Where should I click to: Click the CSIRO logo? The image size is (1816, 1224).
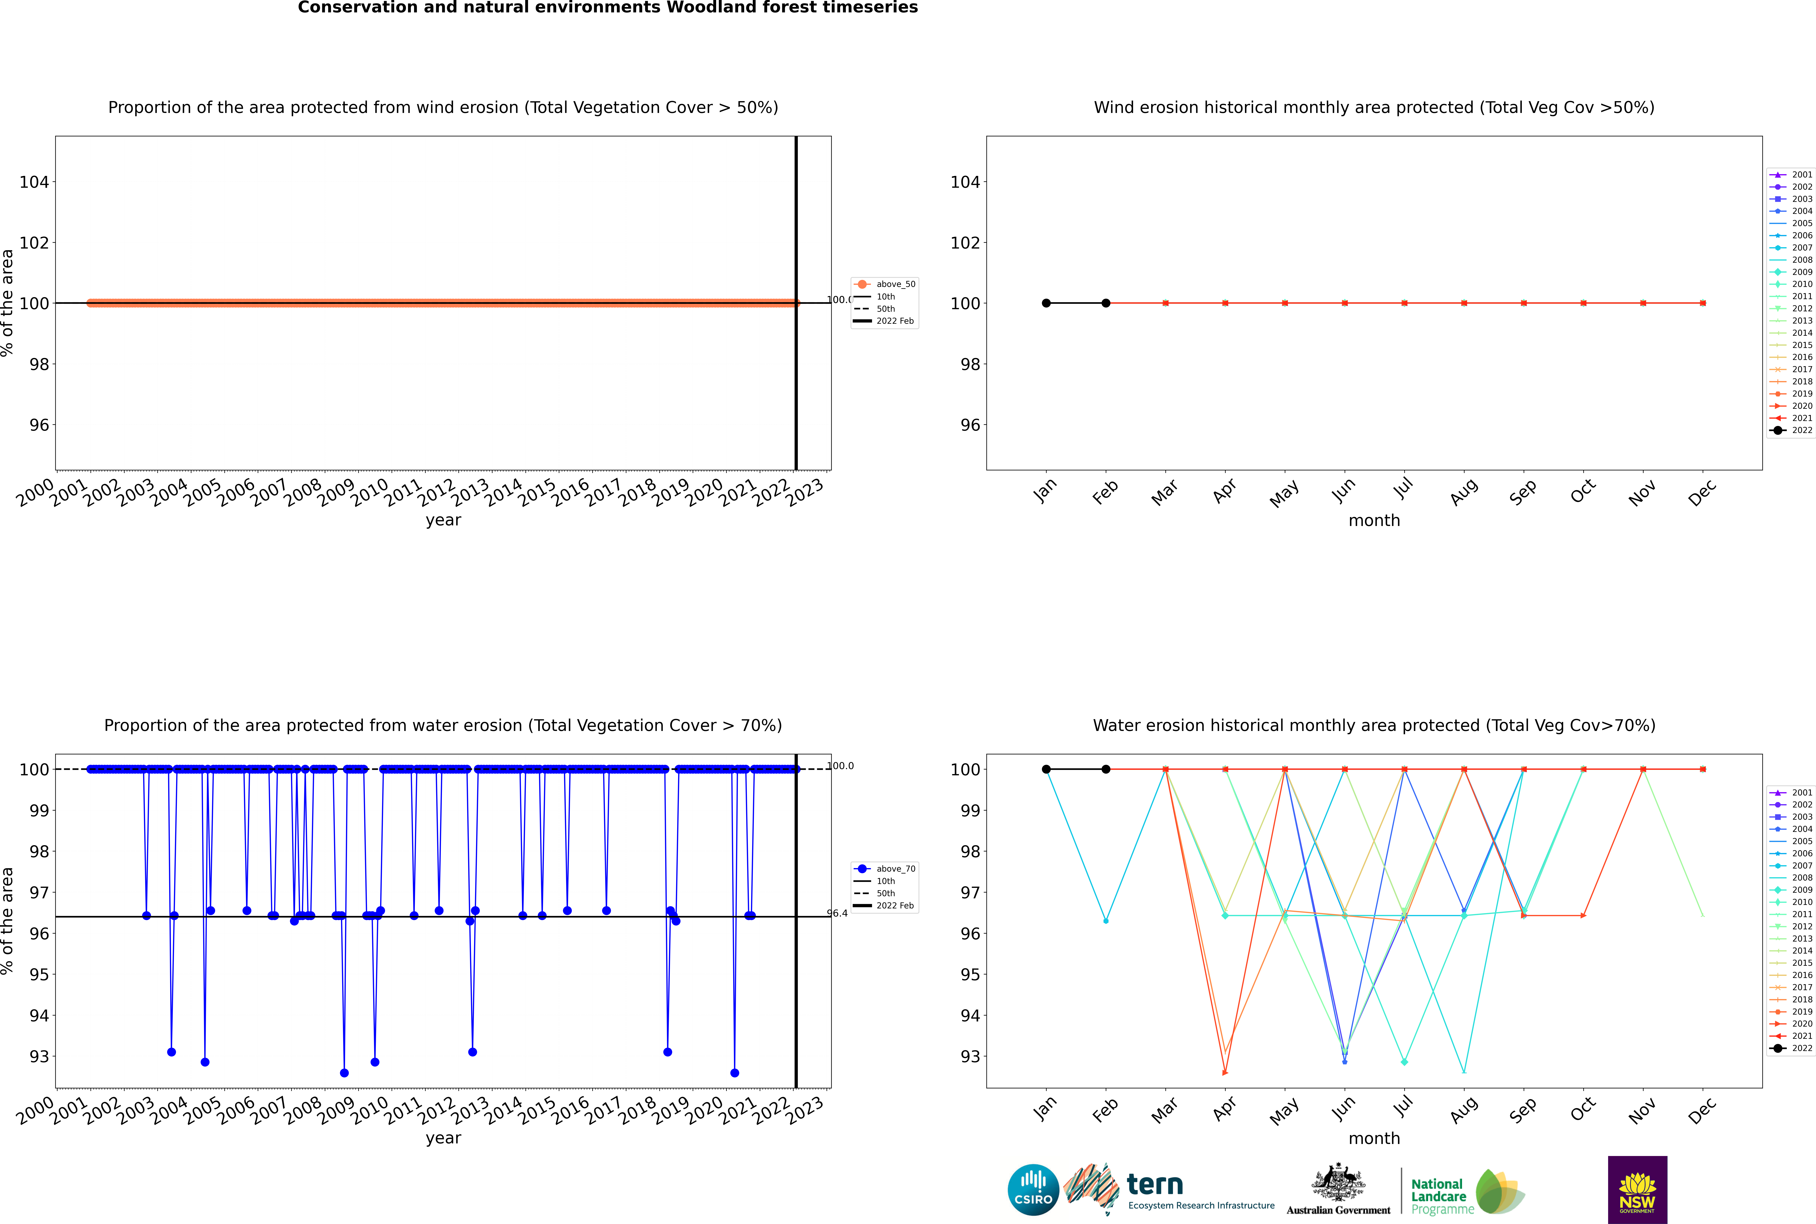click(1033, 1190)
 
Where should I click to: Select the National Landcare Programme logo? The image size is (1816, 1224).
click(1466, 1192)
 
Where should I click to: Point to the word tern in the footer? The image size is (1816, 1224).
click(1155, 1184)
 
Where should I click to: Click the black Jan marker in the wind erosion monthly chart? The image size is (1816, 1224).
click(1046, 303)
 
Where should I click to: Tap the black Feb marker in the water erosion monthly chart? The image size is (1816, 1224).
click(1106, 769)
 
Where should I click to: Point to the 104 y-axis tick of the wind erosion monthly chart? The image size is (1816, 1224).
click(965, 182)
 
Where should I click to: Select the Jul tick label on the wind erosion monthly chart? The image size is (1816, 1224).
click(1403, 489)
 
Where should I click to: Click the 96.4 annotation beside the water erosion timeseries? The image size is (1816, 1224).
click(837, 913)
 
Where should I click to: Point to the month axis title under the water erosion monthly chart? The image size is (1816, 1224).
click(1374, 1138)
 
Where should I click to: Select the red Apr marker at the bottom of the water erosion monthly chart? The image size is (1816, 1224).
click(1225, 1073)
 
